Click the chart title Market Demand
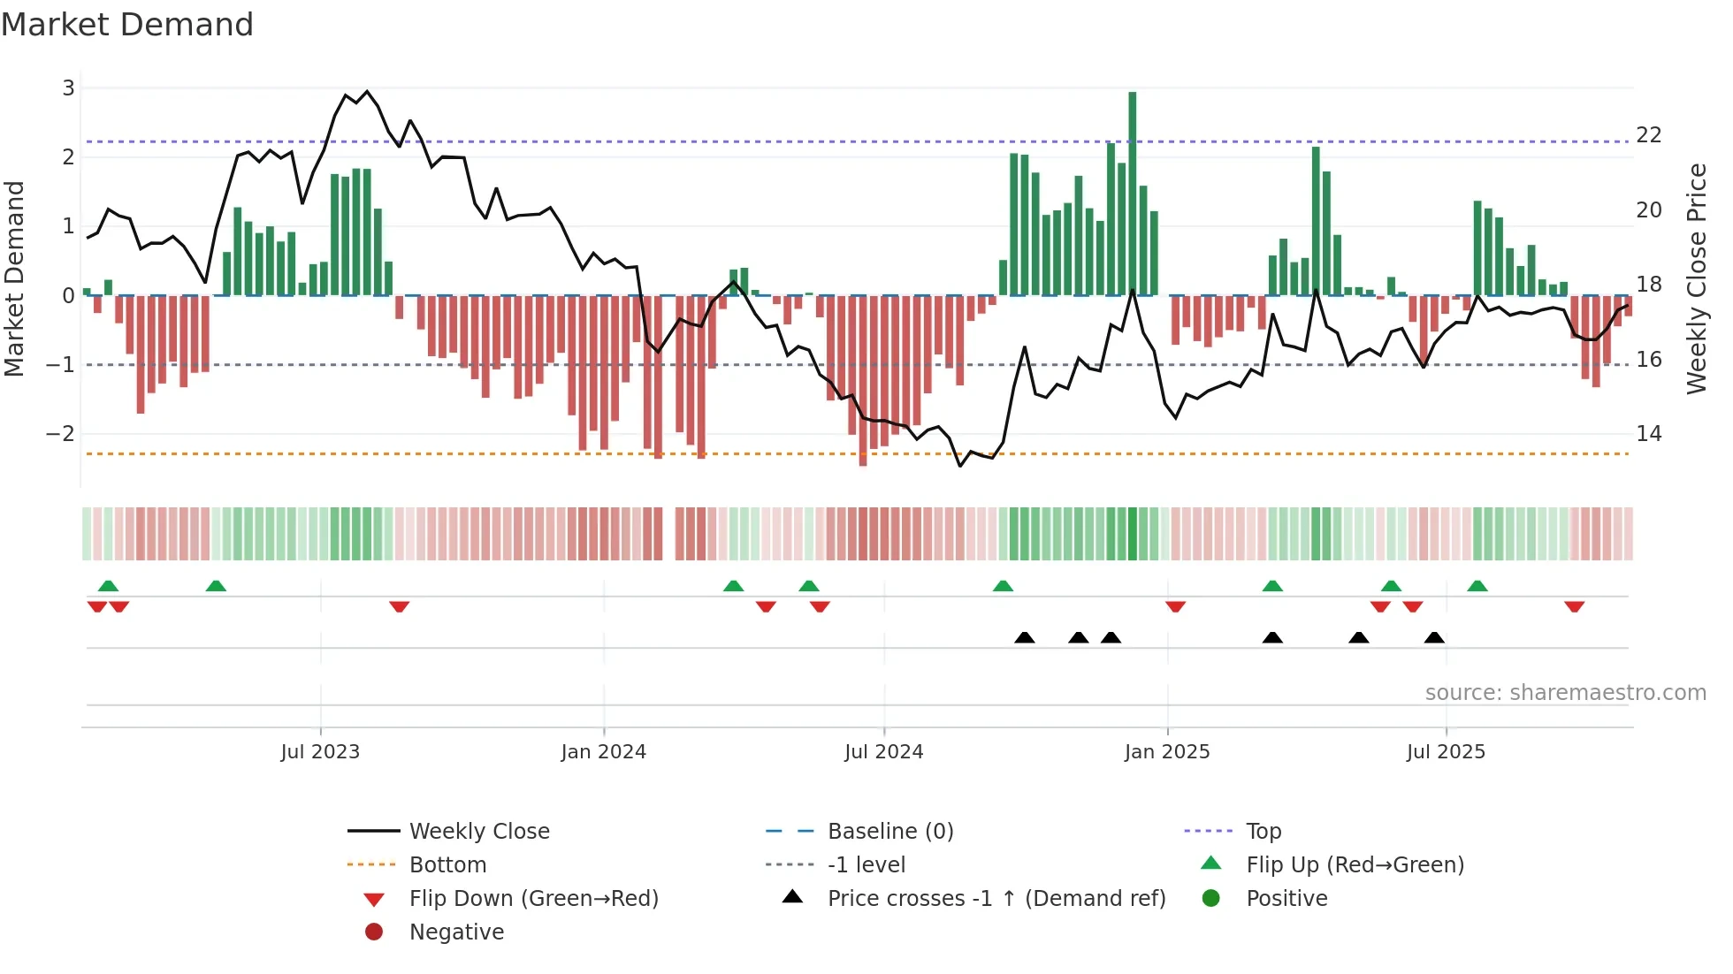127,25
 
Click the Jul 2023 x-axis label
320,752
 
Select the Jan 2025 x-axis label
1167,752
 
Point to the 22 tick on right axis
1649,135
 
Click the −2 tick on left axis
60,434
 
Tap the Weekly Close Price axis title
1696,278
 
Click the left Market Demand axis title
14,278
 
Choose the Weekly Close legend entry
478,832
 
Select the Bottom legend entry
447,865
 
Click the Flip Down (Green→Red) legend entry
533,899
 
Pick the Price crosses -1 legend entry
996,899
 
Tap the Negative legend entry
456,932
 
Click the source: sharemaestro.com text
1565,693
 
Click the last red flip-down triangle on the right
1574,607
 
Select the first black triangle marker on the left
1024,637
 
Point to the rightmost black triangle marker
1434,637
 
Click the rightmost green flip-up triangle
1477,586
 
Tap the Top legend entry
1263,832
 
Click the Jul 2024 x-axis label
883,752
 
